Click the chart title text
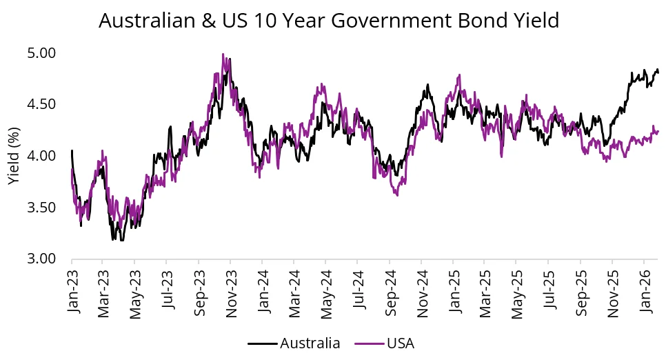[329, 21]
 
